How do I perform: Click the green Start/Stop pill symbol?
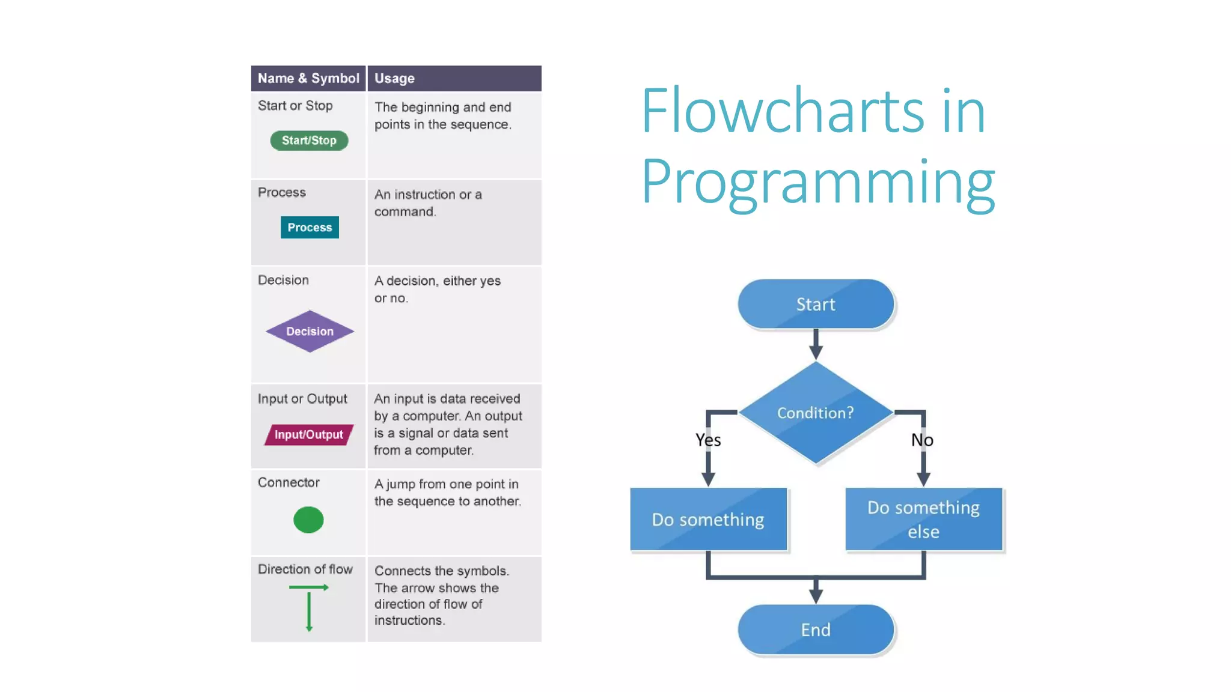click(x=309, y=141)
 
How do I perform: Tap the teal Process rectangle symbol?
click(x=310, y=228)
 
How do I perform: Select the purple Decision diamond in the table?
click(x=310, y=331)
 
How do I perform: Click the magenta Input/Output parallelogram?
click(x=309, y=434)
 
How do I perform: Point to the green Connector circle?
click(x=308, y=520)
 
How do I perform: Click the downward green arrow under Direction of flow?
click(x=309, y=612)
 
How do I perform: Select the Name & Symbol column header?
click(x=308, y=79)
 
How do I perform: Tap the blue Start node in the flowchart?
click(x=816, y=304)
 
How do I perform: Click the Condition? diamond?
click(x=816, y=413)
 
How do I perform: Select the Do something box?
click(x=708, y=519)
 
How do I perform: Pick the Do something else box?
click(x=923, y=519)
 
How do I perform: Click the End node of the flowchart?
click(x=816, y=630)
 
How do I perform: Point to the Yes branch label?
click(x=708, y=440)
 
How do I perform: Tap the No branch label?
click(x=922, y=440)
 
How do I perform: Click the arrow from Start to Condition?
click(x=816, y=344)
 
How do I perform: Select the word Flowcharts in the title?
click(x=782, y=111)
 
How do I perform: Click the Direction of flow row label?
click(x=305, y=569)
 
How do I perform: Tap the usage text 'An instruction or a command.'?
click(x=428, y=203)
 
